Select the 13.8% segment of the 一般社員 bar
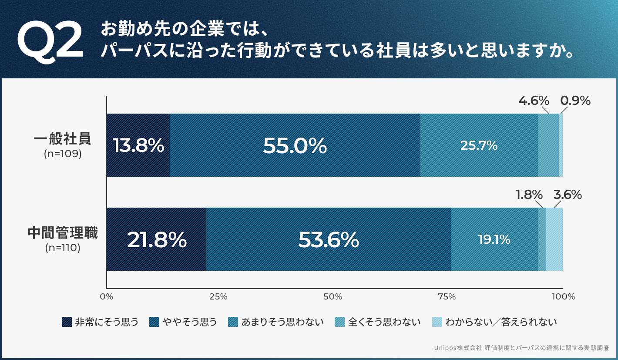pyautogui.click(x=138, y=145)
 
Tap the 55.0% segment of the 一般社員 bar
pyautogui.click(x=295, y=145)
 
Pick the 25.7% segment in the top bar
pyautogui.click(x=479, y=145)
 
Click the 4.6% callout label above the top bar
pyautogui.click(x=534, y=101)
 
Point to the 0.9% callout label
pyautogui.click(x=575, y=101)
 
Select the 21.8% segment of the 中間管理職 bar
pyautogui.click(x=156, y=239)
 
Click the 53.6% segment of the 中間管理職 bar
pyautogui.click(x=329, y=239)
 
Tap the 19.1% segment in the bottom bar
pyautogui.click(x=494, y=239)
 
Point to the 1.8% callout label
pyautogui.click(x=529, y=195)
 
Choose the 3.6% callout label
pyautogui.click(x=567, y=195)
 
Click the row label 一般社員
pyautogui.click(x=63, y=139)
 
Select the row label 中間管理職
pyautogui.click(x=63, y=233)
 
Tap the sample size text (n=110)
pyautogui.click(x=63, y=248)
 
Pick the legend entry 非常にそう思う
pyautogui.click(x=101, y=322)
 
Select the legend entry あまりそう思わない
pyautogui.click(x=277, y=322)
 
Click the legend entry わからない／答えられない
pyautogui.click(x=494, y=322)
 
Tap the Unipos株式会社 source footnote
pyautogui.click(x=521, y=348)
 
